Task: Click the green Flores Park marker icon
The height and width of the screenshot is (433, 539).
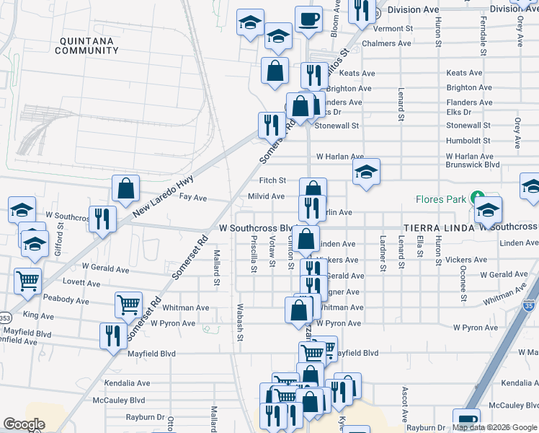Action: tap(476, 197)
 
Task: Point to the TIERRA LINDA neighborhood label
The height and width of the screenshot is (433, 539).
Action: tap(439, 227)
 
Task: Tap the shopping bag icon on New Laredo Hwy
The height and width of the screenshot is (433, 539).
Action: tap(125, 188)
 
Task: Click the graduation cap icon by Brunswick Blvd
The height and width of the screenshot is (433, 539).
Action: tap(366, 172)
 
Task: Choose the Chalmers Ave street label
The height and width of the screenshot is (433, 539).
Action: tap(388, 43)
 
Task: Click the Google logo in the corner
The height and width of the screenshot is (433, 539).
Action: tap(24, 424)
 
